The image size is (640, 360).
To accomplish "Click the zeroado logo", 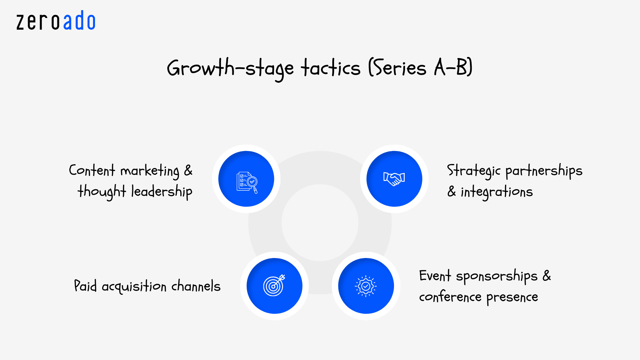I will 56,21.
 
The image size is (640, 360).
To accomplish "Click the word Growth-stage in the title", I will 230,68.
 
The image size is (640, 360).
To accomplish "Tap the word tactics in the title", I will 331,68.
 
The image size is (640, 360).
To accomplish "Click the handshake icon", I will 394,179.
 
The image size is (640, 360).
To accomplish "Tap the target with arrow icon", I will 274,285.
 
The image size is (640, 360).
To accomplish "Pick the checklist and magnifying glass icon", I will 247,182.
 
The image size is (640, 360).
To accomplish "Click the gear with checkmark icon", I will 366,286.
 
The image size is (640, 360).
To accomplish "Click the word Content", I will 92,170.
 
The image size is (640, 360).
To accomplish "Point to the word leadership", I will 162,192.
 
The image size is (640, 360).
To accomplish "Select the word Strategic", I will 474,171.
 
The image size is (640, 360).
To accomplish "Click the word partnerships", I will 544,171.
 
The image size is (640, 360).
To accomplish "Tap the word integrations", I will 497,192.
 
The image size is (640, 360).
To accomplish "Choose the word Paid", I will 85,286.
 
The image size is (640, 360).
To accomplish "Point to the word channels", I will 196,286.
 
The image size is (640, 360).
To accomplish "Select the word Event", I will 435,276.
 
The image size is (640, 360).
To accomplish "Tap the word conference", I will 450,297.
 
